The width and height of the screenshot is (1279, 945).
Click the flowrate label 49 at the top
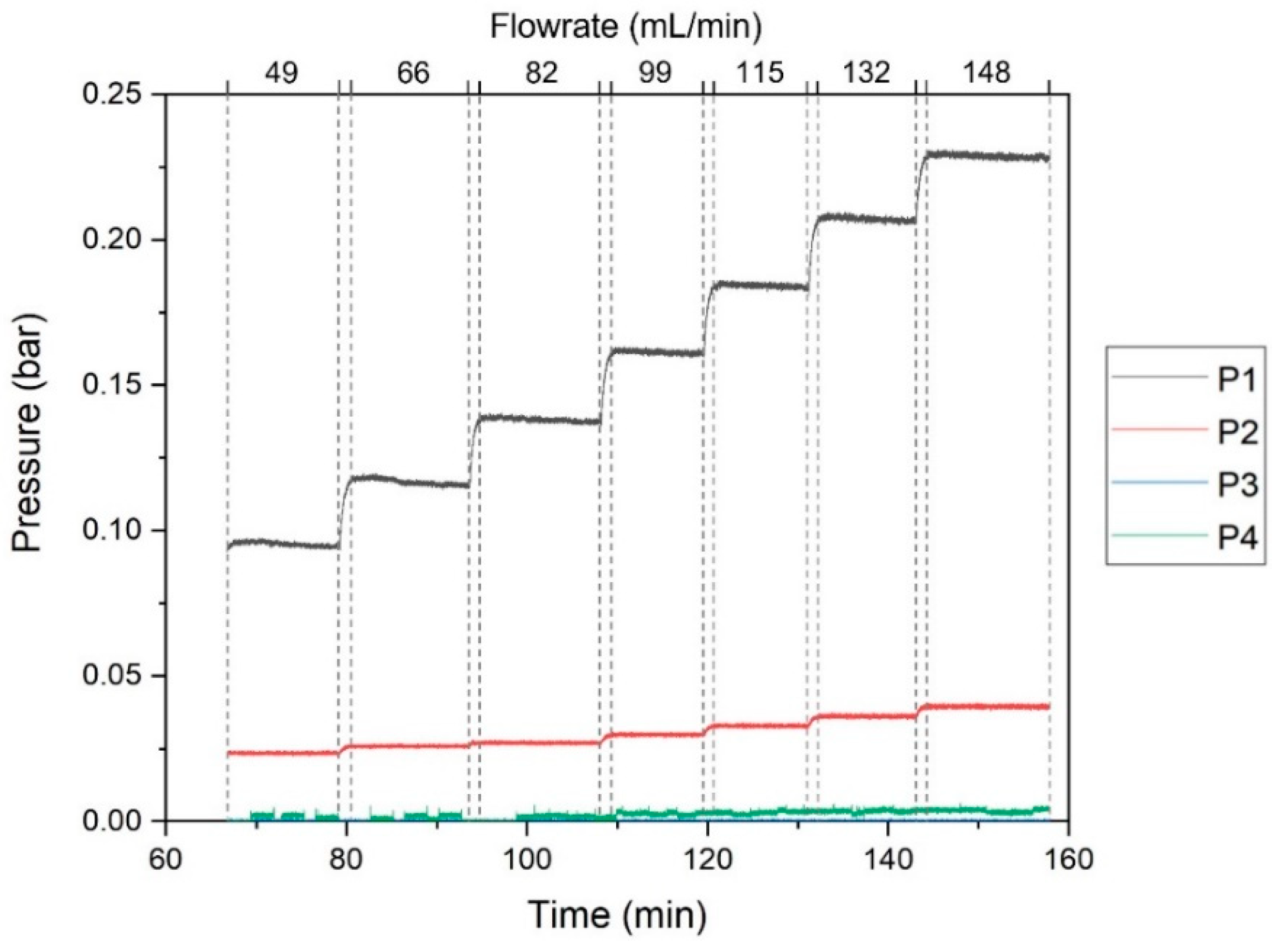(x=282, y=73)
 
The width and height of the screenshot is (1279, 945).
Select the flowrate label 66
(x=413, y=73)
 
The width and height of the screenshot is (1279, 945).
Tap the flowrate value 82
(x=541, y=73)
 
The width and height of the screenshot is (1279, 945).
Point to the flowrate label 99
(x=655, y=73)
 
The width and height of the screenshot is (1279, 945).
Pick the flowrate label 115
(x=761, y=73)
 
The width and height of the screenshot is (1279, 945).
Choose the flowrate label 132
(x=867, y=73)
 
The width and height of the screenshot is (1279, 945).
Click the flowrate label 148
(x=987, y=73)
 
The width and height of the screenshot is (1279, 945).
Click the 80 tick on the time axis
(x=346, y=860)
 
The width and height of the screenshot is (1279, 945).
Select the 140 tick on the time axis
(x=887, y=860)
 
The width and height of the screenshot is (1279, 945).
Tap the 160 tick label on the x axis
(x=1068, y=860)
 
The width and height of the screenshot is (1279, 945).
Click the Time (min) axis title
(x=617, y=914)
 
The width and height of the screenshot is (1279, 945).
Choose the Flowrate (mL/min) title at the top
(x=626, y=27)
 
